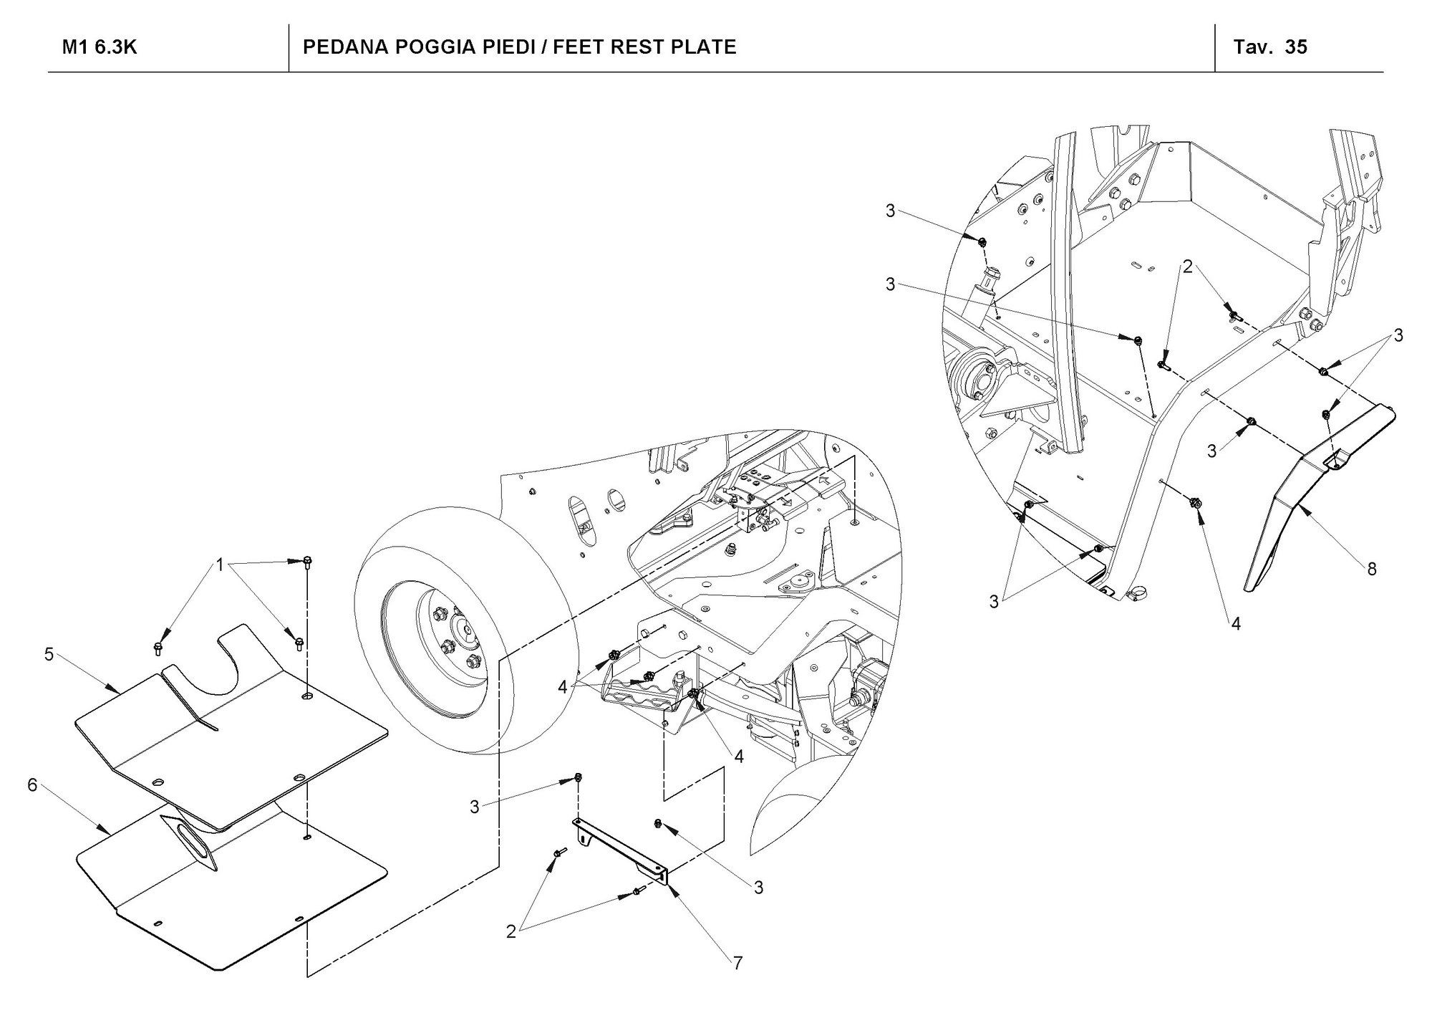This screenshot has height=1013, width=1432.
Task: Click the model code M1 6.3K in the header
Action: (100, 47)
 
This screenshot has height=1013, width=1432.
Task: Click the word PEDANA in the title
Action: (343, 47)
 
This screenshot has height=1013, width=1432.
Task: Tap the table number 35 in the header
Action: (1296, 47)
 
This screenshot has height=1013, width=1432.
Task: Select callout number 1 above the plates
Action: (221, 565)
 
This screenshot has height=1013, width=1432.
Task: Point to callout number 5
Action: (49, 654)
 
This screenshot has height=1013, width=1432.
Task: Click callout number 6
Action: (32, 784)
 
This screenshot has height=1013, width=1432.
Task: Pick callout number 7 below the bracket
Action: (737, 963)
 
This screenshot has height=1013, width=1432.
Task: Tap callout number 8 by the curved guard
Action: (1371, 569)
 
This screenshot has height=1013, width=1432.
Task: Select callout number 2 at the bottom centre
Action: (511, 932)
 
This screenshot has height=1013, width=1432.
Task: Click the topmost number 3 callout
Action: (890, 211)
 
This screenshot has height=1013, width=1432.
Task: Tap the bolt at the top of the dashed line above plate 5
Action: (307, 562)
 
